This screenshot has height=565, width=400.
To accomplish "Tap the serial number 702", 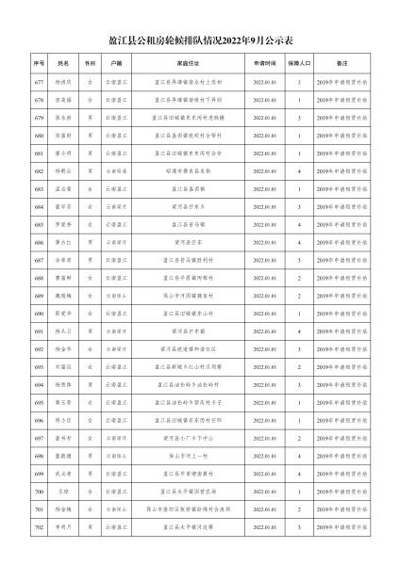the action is [39, 526].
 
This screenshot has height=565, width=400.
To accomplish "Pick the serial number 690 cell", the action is [39, 313].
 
